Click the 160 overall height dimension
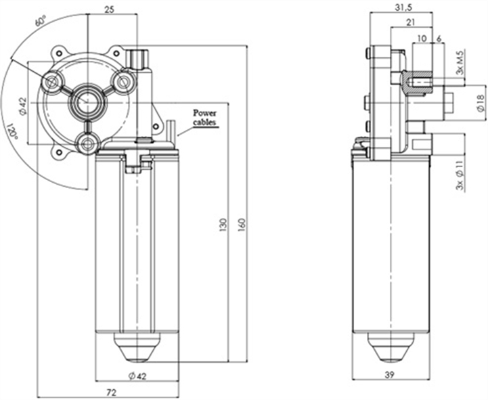(x=242, y=223)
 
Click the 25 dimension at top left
(x=110, y=9)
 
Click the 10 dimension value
(x=422, y=39)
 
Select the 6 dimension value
(x=439, y=39)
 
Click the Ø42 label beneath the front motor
(x=137, y=376)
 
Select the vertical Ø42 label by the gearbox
(x=22, y=106)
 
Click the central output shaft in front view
(x=87, y=102)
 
